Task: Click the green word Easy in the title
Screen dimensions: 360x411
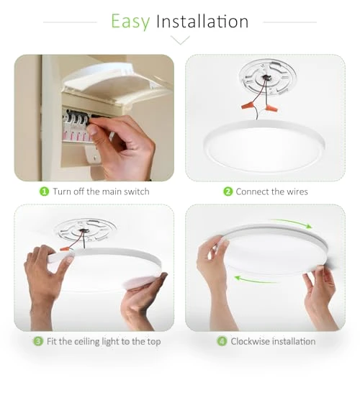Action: point(130,22)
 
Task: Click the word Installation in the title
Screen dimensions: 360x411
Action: point(202,21)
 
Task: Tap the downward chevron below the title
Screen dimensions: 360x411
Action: point(180,40)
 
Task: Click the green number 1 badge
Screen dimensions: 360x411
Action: point(44,191)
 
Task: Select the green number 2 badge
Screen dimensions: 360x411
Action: point(228,191)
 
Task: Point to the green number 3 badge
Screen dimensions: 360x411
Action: point(38,341)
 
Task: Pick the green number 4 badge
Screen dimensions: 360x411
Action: point(222,341)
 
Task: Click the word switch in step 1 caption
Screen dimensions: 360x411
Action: point(136,191)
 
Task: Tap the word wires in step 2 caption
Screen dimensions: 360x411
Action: point(297,191)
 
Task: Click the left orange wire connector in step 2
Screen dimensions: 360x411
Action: point(248,105)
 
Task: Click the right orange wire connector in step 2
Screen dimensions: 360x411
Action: point(271,107)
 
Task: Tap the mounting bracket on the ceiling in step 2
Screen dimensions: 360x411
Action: point(267,77)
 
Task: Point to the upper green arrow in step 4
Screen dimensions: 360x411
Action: point(292,223)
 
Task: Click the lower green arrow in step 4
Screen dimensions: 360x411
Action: point(255,280)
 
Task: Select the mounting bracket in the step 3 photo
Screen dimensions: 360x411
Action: point(84,230)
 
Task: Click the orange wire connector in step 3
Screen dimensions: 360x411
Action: point(65,248)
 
